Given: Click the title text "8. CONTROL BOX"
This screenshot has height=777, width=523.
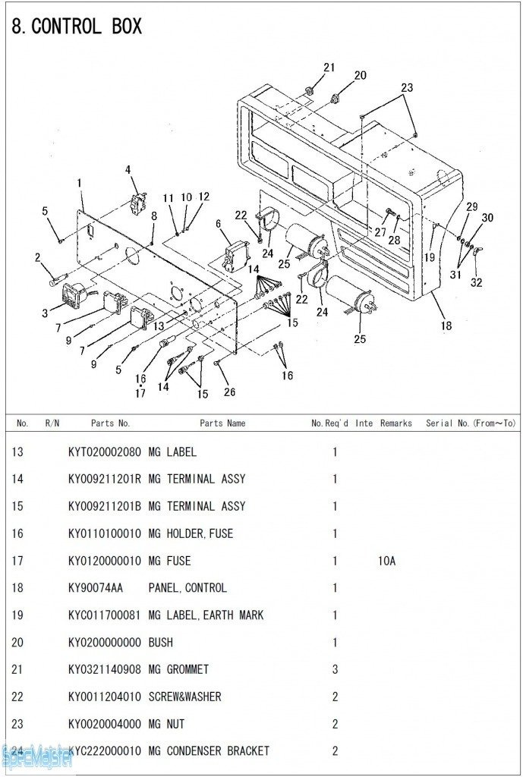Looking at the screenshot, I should pyautogui.click(x=77, y=27).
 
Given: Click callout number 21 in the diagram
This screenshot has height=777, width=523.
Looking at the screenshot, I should pyautogui.click(x=329, y=68).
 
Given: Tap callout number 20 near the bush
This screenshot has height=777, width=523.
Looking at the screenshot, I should pyautogui.click(x=360, y=75).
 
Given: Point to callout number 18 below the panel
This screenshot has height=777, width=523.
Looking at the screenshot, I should pyautogui.click(x=446, y=326).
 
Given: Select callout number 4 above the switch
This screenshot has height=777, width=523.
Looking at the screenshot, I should pyautogui.click(x=128, y=170).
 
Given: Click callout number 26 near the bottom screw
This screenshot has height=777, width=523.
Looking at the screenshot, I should pyautogui.click(x=229, y=392).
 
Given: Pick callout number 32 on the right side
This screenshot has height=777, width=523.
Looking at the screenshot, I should pyautogui.click(x=476, y=283).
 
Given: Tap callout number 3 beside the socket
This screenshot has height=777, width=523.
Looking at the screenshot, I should pyautogui.click(x=45, y=313).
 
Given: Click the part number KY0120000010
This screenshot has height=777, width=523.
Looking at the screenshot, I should pyautogui.click(x=104, y=561).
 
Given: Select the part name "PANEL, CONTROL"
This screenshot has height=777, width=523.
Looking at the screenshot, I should pyautogui.click(x=187, y=588).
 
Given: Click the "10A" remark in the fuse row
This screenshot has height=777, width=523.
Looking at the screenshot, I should pyautogui.click(x=387, y=561).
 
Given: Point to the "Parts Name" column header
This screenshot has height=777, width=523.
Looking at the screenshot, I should pyautogui.click(x=222, y=423).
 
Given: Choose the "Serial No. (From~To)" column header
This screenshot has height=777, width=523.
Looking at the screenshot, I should pyautogui.click(x=471, y=423).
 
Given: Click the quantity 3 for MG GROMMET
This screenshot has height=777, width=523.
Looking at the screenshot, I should pyautogui.click(x=335, y=669).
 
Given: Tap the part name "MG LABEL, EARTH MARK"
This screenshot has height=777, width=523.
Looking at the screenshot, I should pyautogui.click(x=206, y=615).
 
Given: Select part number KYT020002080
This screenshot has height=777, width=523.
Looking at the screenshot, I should pyautogui.click(x=104, y=452).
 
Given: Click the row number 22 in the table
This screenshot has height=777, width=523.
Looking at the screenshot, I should pyautogui.click(x=17, y=697).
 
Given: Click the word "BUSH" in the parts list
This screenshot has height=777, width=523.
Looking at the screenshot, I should pyautogui.click(x=161, y=643).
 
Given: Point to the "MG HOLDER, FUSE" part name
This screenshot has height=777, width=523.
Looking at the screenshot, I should pyautogui.click(x=191, y=533).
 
